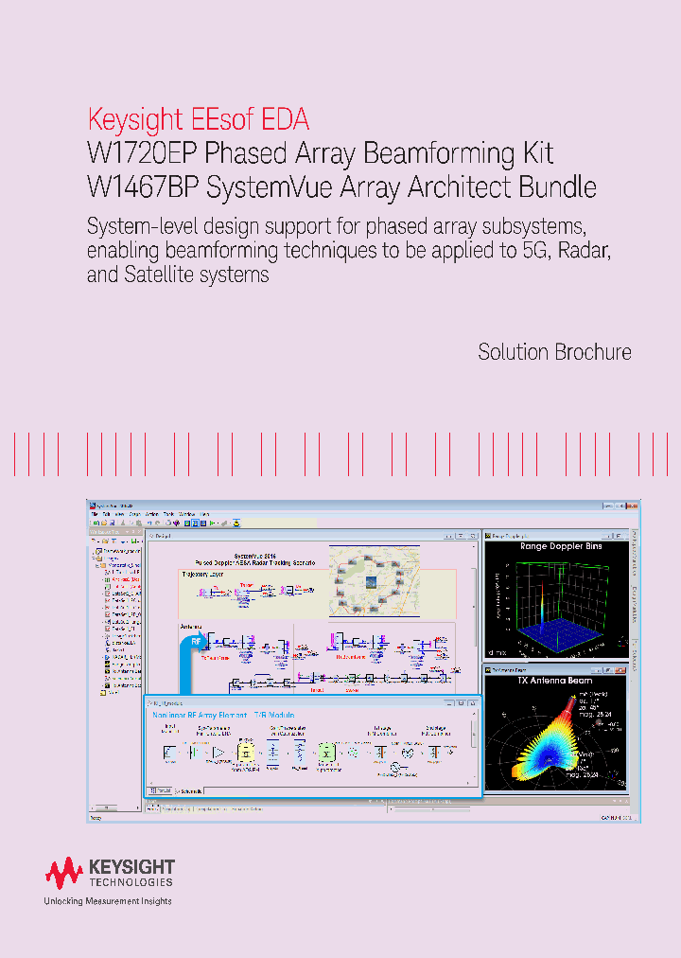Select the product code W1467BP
pyautogui.click(x=141, y=186)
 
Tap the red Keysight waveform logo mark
pyautogui.click(x=64, y=872)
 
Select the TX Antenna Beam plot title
pyautogui.click(x=555, y=682)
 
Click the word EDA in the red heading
pyautogui.click(x=288, y=121)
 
